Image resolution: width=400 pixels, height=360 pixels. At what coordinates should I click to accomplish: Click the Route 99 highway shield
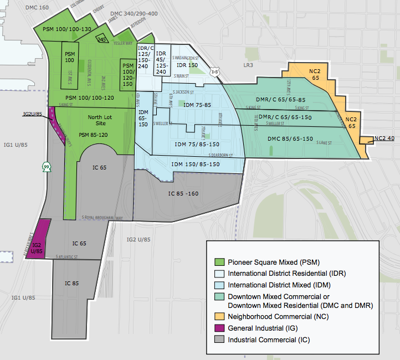click(46, 167)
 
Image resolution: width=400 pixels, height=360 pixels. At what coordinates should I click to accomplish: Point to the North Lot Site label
click(100, 121)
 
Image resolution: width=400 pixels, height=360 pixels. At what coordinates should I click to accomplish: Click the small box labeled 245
click(102, 39)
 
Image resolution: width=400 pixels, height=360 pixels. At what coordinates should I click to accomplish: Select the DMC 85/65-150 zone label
click(290, 139)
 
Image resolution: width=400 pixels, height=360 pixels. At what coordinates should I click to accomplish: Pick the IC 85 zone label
click(72, 283)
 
